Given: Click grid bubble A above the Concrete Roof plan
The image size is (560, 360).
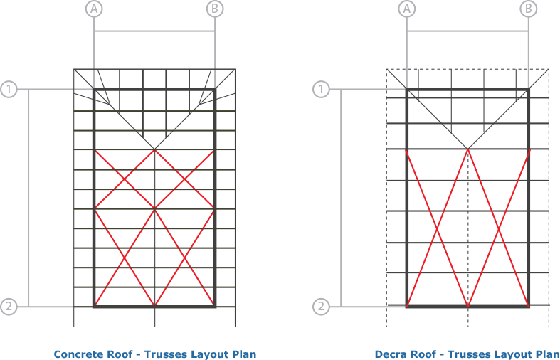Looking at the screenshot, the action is point(94,9).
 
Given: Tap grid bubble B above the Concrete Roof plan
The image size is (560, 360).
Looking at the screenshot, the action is point(215,9).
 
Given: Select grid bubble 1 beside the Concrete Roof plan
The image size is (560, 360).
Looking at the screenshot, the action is point(9,89).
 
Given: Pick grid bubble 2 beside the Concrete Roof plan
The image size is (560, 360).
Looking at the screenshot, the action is point(9,307).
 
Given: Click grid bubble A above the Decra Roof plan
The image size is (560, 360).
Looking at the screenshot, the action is point(407,9).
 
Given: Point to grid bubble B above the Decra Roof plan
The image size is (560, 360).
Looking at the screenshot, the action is point(528,9).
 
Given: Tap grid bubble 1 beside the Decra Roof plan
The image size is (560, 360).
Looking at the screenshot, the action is point(321,89).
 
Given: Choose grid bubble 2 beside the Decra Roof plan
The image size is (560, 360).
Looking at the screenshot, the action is point(321,307).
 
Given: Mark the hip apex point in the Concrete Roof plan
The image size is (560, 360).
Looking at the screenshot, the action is point(154,149).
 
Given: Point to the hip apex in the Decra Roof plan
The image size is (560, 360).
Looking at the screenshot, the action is point(468,149).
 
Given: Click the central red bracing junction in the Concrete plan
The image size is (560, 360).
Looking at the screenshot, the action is point(154,209).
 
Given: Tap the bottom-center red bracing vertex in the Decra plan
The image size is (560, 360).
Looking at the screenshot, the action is point(468,306).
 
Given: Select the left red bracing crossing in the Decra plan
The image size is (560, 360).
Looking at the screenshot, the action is point(437,228).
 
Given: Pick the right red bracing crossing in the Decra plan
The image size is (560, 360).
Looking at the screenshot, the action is point(499,228).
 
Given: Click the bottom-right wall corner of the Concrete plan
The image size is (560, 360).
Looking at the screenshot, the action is point(215,307).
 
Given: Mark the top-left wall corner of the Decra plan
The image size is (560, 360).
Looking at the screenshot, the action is point(407,89).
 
